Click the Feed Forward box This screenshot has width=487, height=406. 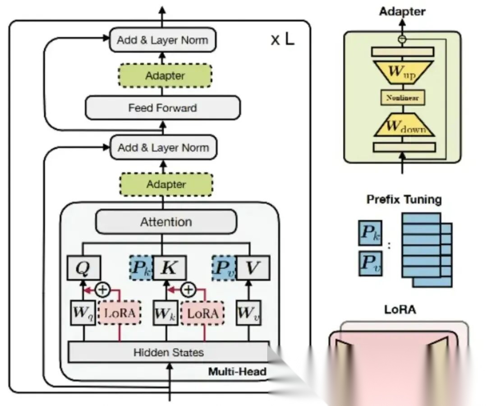pos(163,108)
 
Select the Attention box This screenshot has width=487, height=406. pos(166,221)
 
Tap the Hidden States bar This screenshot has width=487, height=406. pos(169,352)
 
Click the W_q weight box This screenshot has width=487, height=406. pos(83,313)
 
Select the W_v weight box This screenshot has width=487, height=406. pos(248,313)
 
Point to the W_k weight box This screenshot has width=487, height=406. pos(166,313)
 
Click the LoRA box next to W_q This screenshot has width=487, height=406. pos(119,313)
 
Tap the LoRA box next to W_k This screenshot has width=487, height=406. pos(202,313)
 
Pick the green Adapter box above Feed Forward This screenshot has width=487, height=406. pos(165,76)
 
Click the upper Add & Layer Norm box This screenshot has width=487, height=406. pos(162,40)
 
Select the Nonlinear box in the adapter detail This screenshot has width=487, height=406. pos(403,97)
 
